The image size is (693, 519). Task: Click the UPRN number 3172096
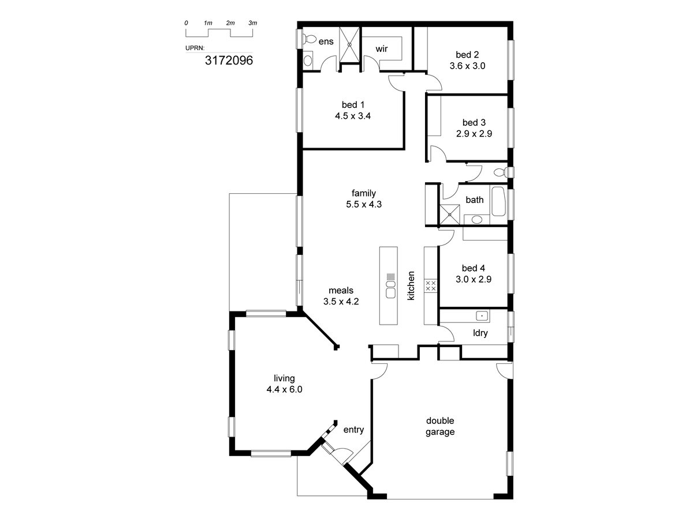(229, 60)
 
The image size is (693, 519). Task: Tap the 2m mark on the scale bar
(230, 23)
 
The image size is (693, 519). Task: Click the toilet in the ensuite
(309, 40)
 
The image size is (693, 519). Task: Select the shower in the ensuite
(349, 45)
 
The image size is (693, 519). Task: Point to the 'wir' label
(382, 49)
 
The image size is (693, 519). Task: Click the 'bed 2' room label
(467, 55)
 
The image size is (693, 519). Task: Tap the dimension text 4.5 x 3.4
(353, 116)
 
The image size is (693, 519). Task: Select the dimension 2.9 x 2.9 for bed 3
(474, 134)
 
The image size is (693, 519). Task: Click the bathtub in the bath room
(498, 201)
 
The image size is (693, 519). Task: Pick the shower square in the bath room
(449, 215)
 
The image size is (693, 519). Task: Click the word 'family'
(364, 193)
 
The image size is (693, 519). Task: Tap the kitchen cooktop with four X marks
(431, 286)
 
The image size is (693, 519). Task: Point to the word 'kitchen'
(411, 285)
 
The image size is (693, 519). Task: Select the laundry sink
(482, 316)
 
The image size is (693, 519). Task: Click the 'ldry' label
(480, 333)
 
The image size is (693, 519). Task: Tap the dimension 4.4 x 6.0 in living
(284, 389)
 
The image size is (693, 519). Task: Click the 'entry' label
(353, 430)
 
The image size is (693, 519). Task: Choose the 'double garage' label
(440, 426)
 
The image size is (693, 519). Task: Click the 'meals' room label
(341, 290)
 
